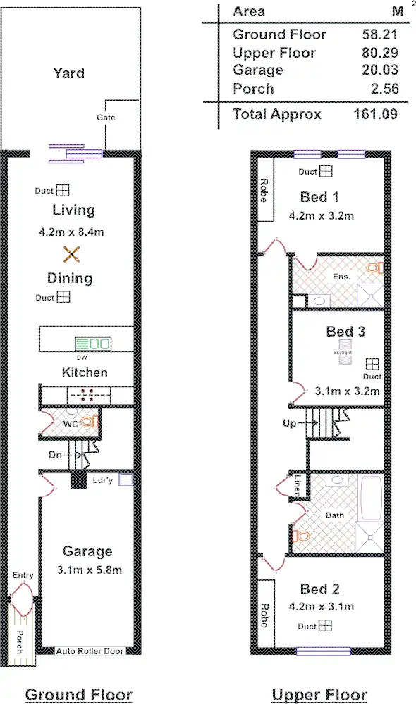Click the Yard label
pos(68,73)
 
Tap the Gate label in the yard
pos(106,118)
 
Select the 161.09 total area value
pos(375,114)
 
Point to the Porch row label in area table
pos(253,89)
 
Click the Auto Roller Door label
pos(90,651)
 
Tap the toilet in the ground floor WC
pos(88,422)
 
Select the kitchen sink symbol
pos(93,344)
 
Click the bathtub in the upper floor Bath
pos(369,498)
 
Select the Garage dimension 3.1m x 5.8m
pos(87,570)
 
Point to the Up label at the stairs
pos(288,423)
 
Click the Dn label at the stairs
pos(56,455)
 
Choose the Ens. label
pos(341,277)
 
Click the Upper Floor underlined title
pos(319,695)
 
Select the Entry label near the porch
pos(23,575)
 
